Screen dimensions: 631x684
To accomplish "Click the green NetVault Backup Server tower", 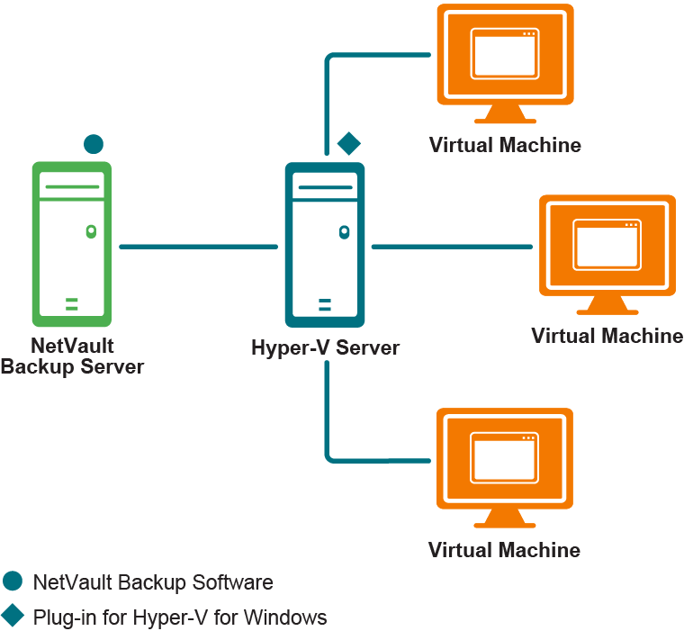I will click(x=71, y=244).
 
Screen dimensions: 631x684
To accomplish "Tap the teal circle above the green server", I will click(x=93, y=143).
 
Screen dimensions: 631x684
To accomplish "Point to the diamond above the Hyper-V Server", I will click(x=348, y=142).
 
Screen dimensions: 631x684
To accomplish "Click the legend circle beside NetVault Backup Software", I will click(x=13, y=581).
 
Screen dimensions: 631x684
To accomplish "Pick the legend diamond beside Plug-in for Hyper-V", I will click(x=13, y=617).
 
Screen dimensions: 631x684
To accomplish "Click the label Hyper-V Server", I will click(x=325, y=347).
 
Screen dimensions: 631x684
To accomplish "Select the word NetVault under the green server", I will click(x=72, y=346).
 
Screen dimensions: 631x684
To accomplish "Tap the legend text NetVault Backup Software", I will click(x=152, y=582).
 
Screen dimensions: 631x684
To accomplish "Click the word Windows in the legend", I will click(x=285, y=617).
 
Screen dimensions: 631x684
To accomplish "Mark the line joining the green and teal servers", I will click(x=198, y=246).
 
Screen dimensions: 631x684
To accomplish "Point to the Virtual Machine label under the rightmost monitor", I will click(x=607, y=336).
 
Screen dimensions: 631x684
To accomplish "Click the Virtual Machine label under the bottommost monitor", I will click(x=504, y=550).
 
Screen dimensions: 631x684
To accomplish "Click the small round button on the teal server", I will click(x=344, y=232).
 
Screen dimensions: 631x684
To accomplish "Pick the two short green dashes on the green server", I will click(x=71, y=302).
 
